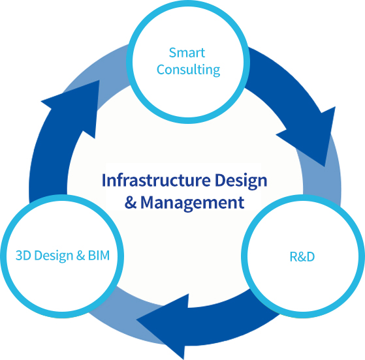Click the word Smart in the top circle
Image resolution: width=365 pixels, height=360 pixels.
(187, 53)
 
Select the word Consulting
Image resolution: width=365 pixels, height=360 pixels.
(188, 70)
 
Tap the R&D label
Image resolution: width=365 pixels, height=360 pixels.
(302, 257)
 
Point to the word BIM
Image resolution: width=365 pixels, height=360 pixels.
(99, 256)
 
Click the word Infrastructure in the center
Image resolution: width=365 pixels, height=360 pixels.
(156, 180)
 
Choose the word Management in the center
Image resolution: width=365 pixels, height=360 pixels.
(192, 203)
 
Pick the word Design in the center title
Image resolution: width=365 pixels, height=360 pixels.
(241, 181)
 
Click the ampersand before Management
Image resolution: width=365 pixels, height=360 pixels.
(131, 202)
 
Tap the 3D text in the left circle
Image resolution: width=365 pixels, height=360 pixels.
(24, 256)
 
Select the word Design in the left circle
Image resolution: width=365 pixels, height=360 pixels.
(54, 256)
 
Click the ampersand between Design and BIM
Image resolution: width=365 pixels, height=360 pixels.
(80, 256)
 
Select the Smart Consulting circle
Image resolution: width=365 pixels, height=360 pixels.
(188, 62)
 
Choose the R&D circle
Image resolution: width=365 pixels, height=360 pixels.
(303, 256)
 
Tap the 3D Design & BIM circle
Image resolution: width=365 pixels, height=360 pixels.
(62, 256)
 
